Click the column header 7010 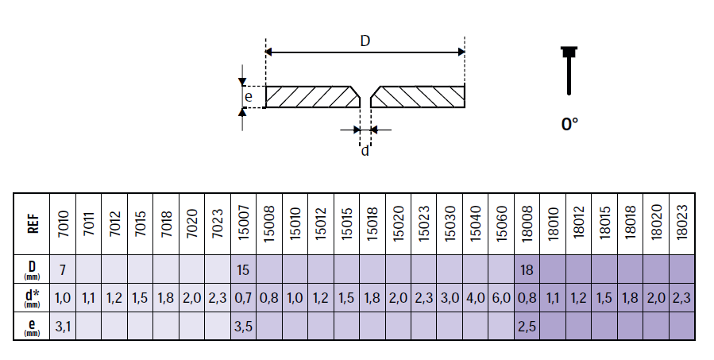(64, 223)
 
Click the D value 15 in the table (243, 269)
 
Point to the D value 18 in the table (527, 269)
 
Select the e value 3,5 (243, 327)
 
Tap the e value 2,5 (527, 327)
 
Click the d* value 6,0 (501, 298)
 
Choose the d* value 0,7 (243, 298)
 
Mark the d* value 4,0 (476, 298)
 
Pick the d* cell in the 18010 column (552, 298)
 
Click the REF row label (33, 224)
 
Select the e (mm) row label (32, 327)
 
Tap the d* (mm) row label (32, 299)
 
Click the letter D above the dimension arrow (365, 41)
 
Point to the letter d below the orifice (365, 150)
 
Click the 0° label (569, 123)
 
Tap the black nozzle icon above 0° (569, 70)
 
